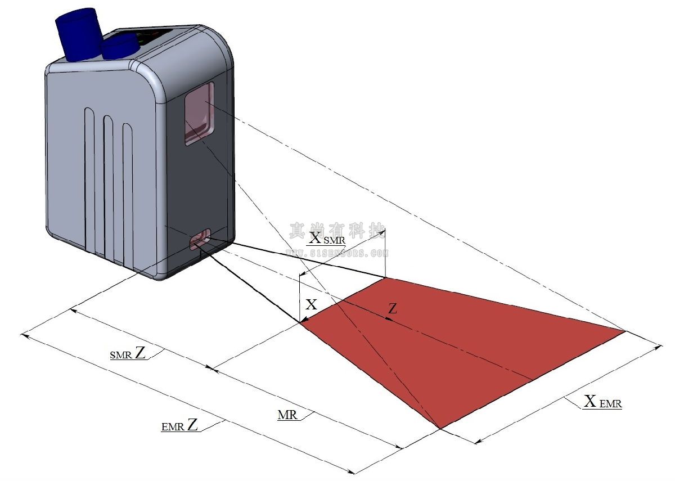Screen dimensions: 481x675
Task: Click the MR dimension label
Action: [288, 415]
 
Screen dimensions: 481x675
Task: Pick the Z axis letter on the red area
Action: [393, 308]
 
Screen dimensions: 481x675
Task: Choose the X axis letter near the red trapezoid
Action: [311, 305]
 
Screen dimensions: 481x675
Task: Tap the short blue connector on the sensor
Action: [119, 46]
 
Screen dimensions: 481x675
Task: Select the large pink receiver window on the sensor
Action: [199, 113]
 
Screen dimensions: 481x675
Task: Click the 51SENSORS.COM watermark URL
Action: [337, 253]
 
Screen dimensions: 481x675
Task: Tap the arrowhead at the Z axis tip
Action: [388, 318]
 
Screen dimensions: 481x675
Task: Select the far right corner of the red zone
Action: [625, 331]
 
